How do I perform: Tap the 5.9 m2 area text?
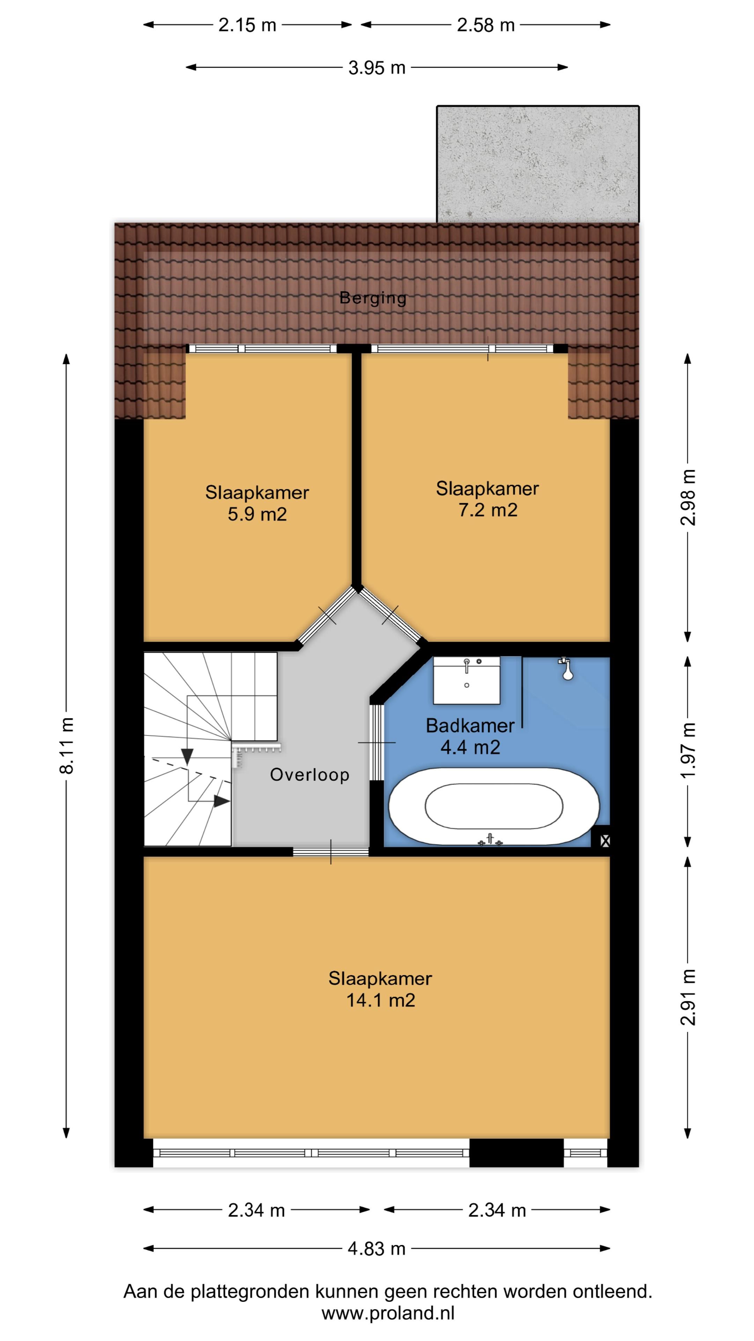(257, 514)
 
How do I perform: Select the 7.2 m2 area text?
(488, 510)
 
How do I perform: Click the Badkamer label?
(470, 726)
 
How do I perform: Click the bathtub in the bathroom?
(494, 806)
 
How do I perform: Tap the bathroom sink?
(467, 680)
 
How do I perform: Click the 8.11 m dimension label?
(67, 746)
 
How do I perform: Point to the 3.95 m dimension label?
(377, 68)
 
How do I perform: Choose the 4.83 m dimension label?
(376, 1249)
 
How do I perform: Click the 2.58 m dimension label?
(486, 25)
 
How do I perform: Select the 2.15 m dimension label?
(247, 25)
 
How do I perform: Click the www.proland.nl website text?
(388, 1313)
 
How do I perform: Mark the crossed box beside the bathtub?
(605, 840)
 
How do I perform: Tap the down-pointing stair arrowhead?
(187, 757)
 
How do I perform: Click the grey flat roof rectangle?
(538, 164)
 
